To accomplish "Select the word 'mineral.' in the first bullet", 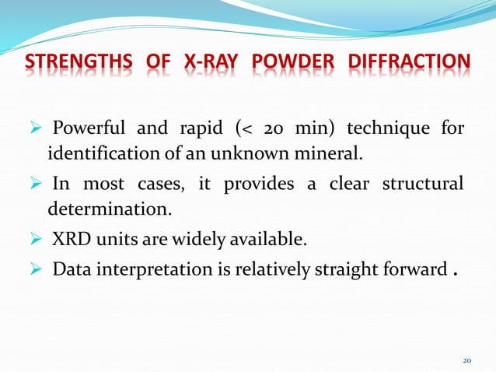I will [334, 150].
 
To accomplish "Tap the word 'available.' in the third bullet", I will [268, 239].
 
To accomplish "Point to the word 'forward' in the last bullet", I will [411, 269].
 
